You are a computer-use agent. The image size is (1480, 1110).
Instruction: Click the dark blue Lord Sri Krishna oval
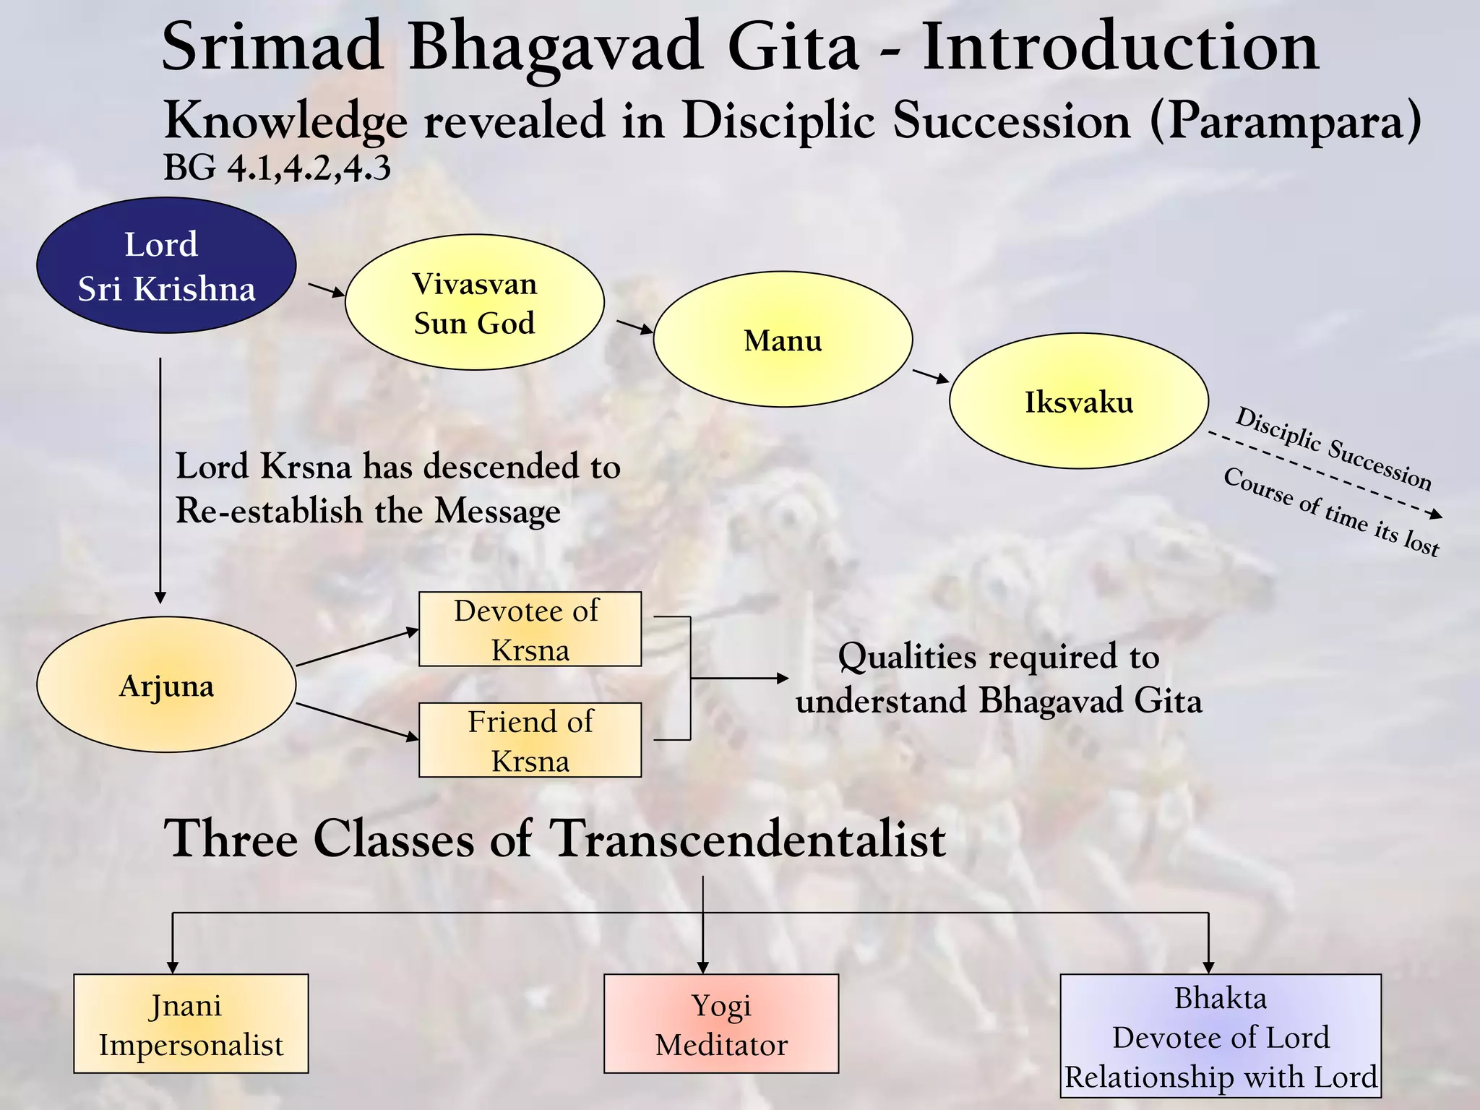pyautogui.click(x=166, y=265)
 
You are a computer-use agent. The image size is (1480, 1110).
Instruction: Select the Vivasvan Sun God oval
pyautogui.click(x=474, y=302)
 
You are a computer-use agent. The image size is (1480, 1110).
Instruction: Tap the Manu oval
pyautogui.click(x=783, y=339)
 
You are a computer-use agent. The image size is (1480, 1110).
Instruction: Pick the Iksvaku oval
pyautogui.click(x=1078, y=401)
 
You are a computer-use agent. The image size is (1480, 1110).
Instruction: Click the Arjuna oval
pyautogui.click(x=166, y=684)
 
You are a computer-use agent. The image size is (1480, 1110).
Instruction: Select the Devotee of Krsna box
pyautogui.click(x=530, y=629)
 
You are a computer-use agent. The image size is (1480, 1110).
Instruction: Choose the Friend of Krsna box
pyautogui.click(x=530, y=740)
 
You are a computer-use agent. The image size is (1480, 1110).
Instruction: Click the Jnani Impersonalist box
pyautogui.click(x=191, y=1023)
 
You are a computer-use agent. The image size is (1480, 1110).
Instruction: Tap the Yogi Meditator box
pyautogui.click(x=721, y=1023)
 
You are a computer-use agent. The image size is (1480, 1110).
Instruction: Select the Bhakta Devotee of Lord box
pyautogui.click(x=1221, y=1036)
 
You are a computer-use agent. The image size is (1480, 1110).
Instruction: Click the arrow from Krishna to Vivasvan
pyautogui.click(x=327, y=290)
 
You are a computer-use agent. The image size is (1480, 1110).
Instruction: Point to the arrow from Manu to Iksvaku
pyautogui.click(x=931, y=376)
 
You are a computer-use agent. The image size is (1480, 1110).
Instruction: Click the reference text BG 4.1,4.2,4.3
pyautogui.click(x=277, y=168)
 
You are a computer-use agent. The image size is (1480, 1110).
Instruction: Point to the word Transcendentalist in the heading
pyautogui.click(x=747, y=839)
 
